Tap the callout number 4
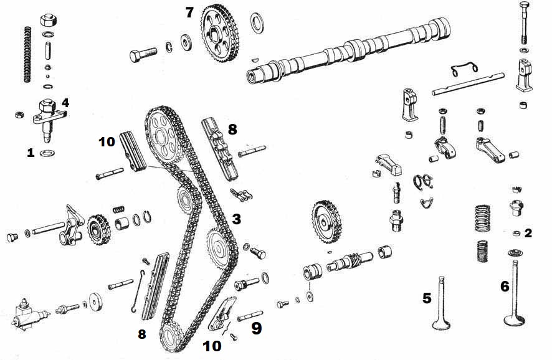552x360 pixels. pos(65,102)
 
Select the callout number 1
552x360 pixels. pos(31,152)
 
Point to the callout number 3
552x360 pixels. pos(236,219)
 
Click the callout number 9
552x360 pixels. pos(256,329)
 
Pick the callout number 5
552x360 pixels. pos(427,298)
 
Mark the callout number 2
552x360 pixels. pos(528,233)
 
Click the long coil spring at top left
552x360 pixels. pos(27,54)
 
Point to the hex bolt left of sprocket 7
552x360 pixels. pos(143,55)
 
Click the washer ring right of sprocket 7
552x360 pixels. pos(257,23)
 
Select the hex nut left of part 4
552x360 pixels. pos(19,115)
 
